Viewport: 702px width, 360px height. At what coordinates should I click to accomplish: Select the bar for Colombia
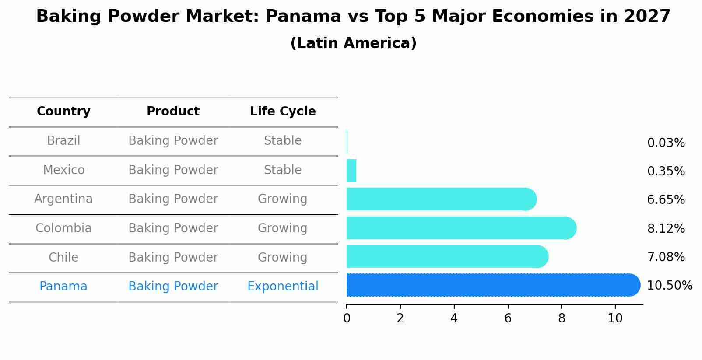[460, 228]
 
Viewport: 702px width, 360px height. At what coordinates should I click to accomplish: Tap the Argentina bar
[440, 199]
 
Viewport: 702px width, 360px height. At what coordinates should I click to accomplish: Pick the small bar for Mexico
[351, 171]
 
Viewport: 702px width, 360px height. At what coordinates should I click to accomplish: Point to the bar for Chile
[446, 256]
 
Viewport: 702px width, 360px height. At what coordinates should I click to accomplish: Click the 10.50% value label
[669, 286]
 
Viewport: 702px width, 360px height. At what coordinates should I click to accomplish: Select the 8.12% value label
[666, 228]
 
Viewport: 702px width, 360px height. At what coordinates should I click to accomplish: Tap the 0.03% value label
[666, 143]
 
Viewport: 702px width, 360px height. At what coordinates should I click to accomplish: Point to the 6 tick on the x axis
[508, 318]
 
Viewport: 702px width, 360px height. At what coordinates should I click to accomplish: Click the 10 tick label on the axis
[615, 318]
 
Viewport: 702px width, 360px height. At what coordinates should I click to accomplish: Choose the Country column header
[63, 112]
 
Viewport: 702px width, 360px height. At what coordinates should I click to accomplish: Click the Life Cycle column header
[283, 112]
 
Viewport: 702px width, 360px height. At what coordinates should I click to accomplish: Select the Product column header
[173, 112]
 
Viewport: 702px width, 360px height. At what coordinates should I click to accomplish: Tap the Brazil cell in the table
[63, 141]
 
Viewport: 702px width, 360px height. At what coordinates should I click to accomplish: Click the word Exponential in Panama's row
[283, 287]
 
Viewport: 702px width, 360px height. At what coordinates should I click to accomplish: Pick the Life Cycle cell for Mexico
[283, 170]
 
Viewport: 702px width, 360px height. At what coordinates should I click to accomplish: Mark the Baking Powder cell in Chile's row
[173, 258]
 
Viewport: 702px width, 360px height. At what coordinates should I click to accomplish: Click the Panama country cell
[63, 287]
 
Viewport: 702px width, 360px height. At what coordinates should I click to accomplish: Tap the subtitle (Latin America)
[353, 43]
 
